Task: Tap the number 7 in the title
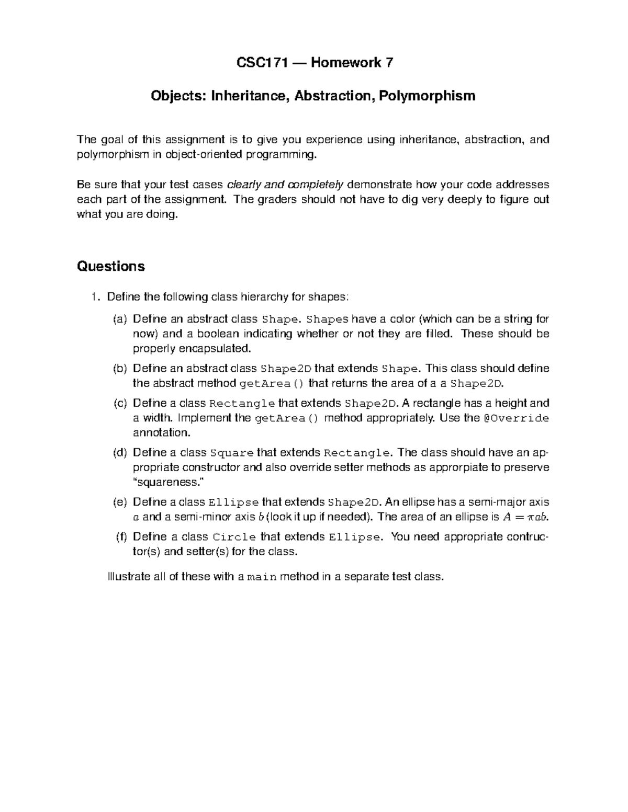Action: click(388, 63)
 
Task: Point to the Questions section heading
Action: click(110, 266)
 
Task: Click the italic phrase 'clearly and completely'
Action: click(285, 185)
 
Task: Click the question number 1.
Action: click(93, 297)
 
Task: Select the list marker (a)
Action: click(120, 319)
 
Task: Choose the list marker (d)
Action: click(120, 453)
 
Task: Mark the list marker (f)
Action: click(121, 537)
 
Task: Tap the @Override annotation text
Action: click(516, 418)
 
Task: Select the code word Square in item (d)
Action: click(231, 453)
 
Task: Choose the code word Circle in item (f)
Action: click(234, 537)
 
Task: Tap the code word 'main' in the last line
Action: click(261, 577)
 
